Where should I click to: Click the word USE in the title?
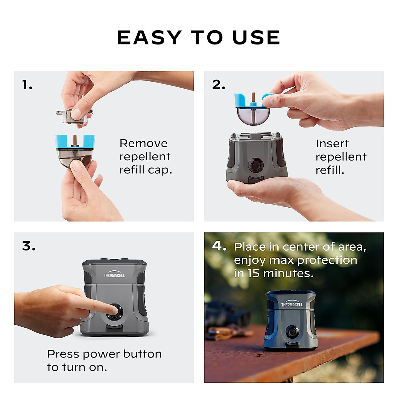[256, 37]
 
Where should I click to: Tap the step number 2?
[219, 85]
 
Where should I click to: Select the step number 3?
[29, 246]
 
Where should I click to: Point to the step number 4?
[219, 246]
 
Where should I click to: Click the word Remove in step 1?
[143, 143]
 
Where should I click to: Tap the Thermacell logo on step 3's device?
[114, 275]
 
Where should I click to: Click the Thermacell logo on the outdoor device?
[292, 304]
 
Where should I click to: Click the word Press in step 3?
[63, 354]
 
